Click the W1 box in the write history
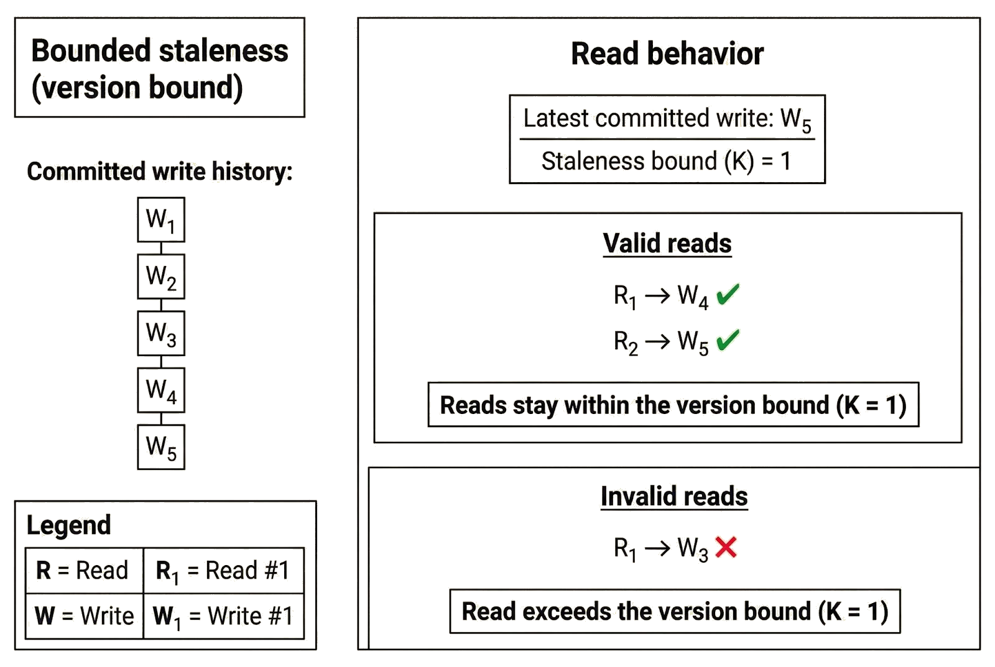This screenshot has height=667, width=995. point(161,219)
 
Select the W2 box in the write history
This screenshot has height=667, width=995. point(161,276)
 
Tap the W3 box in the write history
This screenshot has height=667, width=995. point(161,333)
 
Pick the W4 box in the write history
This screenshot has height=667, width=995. point(161,390)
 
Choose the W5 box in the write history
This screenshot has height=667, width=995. point(161,447)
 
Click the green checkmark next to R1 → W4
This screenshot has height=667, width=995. point(728,295)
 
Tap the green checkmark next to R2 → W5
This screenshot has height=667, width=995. point(728,341)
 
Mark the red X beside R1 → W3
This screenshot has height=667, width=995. point(726,547)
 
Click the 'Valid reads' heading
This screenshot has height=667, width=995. point(667,243)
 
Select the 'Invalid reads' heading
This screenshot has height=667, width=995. point(673,496)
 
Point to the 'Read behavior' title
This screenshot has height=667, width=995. point(667,54)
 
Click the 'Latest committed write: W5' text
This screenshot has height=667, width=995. point(667,119)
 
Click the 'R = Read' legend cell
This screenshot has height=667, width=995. point(83,570)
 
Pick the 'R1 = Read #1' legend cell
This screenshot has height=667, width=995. point(223,571)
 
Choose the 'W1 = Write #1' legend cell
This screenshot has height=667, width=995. point(223,616)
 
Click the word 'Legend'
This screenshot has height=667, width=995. point(69,526)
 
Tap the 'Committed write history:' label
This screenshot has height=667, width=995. point(160,172)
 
